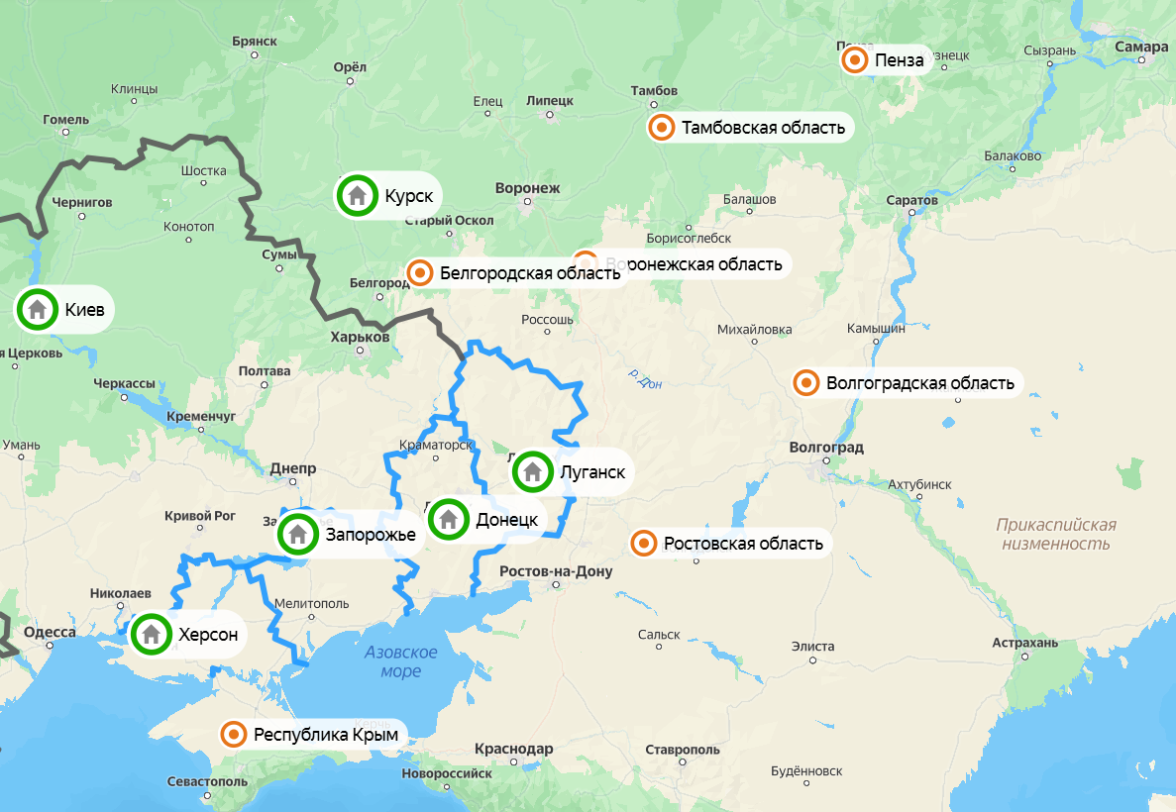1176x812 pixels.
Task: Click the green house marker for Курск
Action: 357,196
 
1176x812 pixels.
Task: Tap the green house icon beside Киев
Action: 38,309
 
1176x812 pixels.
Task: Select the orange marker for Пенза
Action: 855,61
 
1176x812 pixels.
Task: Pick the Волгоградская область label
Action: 919,383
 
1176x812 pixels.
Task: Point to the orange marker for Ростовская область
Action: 644,543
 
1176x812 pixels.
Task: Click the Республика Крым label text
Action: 325,735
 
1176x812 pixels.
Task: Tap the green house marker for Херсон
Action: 152,634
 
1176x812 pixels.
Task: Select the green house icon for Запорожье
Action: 297,535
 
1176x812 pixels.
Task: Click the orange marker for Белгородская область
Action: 420,273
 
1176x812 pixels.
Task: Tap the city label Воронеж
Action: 526,188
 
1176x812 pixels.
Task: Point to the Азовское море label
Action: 401,661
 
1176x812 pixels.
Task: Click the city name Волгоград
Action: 826,448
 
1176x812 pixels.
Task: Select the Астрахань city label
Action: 1025,644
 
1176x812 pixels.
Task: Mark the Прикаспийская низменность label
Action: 1056,534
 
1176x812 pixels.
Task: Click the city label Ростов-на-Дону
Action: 556,571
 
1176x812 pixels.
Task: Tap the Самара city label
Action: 1140,47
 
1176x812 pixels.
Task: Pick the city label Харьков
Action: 360,338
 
